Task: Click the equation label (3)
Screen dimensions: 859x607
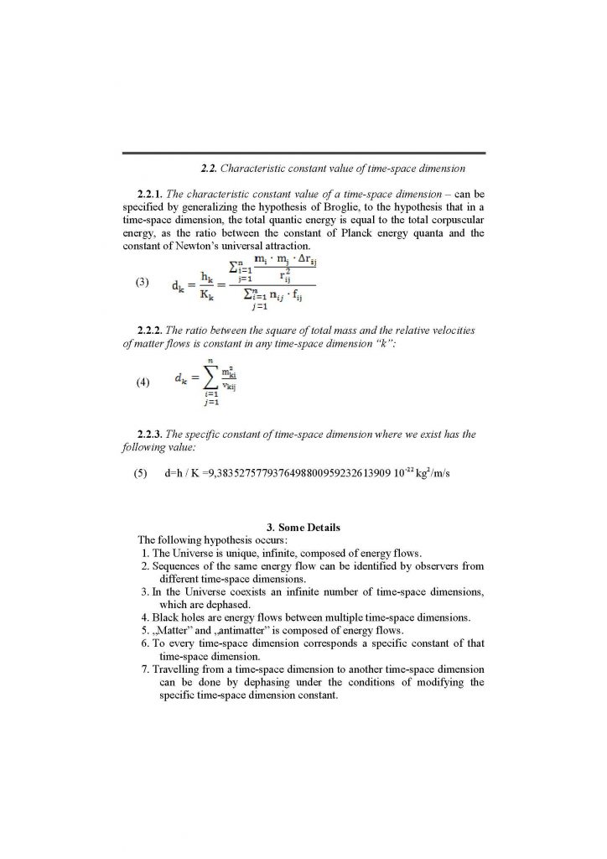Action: (142, 284)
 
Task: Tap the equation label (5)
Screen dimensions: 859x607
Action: (142, 473)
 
